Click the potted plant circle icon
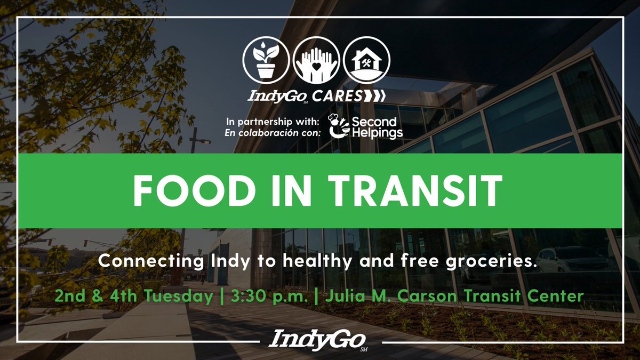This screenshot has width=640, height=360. click(266, 59)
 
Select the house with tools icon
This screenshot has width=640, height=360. click(366, 59)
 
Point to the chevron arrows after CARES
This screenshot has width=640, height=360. click(374, 97)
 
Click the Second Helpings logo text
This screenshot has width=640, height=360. click(376, 126)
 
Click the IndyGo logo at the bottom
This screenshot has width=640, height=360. click(319, 340)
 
